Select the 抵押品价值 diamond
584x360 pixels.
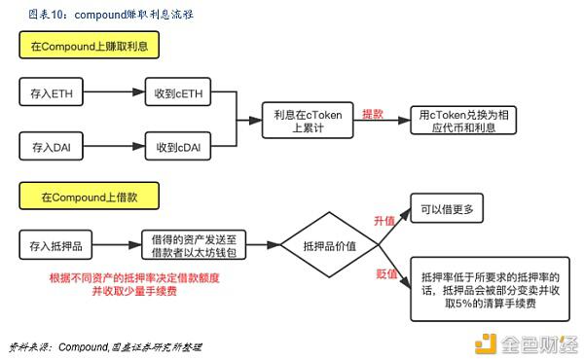(x=330, y=244)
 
